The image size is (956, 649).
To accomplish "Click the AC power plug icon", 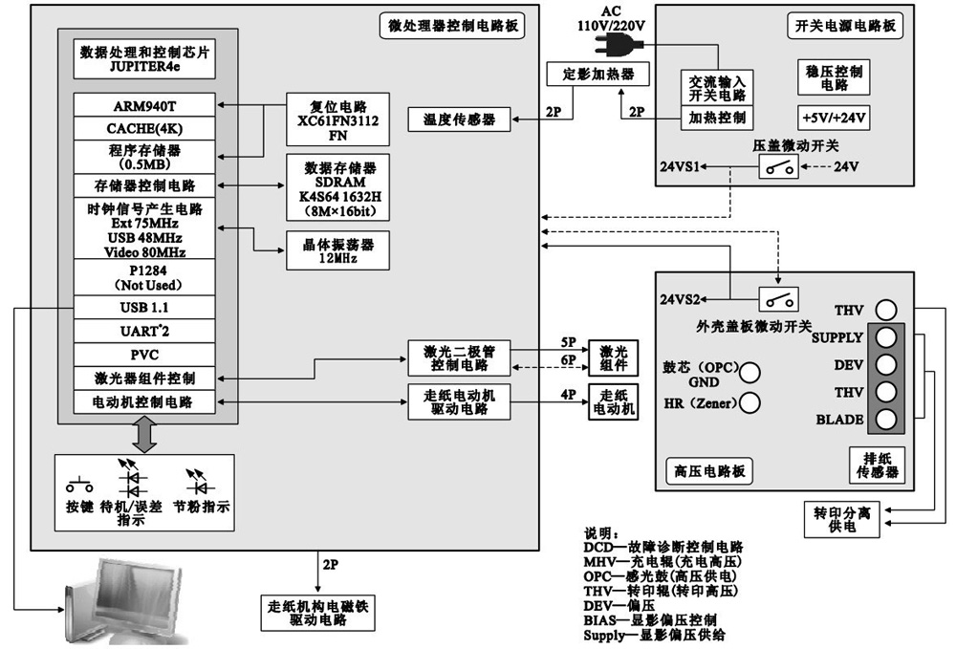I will click(613, 44).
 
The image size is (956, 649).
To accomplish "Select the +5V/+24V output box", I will click(831, 119).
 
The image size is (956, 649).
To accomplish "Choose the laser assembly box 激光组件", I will click(612, 358).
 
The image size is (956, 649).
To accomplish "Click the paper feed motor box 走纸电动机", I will click(612, 400).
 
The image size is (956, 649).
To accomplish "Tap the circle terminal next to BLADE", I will click(886, 420).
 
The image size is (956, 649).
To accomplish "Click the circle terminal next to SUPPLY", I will click(886, 337).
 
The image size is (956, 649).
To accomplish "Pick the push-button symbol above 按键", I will click(79, 485).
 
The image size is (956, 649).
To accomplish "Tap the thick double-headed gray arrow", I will click(145, 436).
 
